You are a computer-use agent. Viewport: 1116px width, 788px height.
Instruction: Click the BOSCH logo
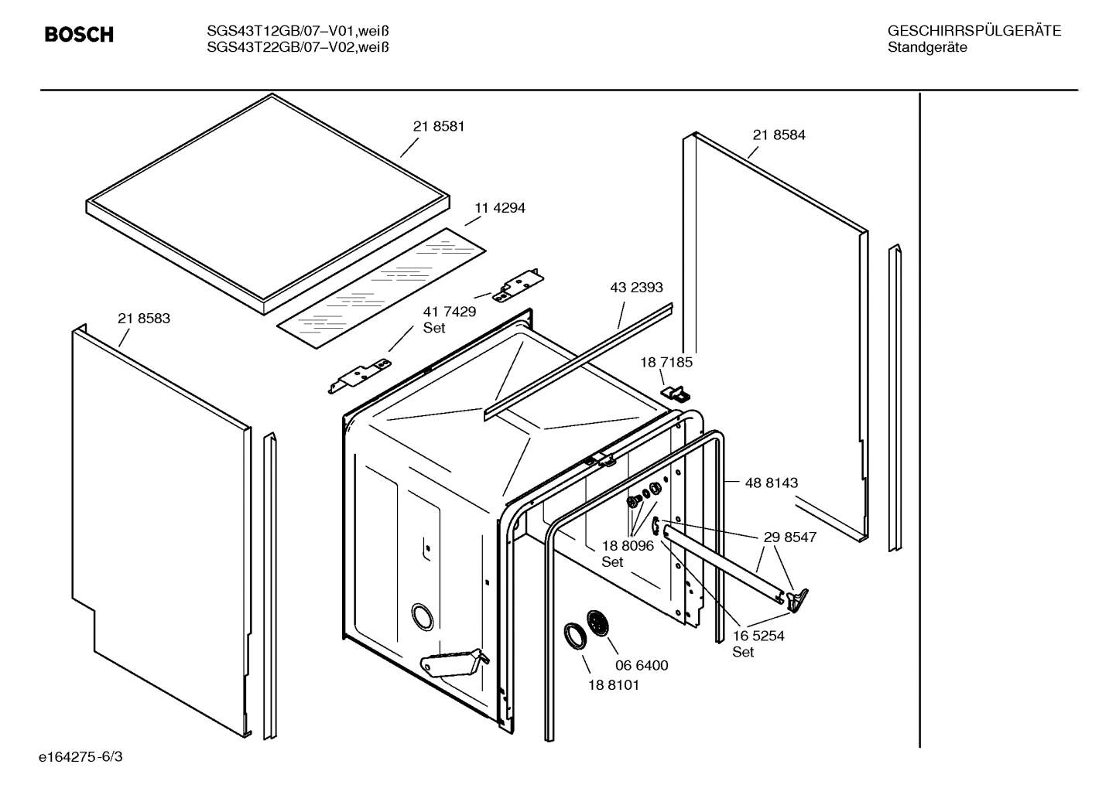[x=79, y=35]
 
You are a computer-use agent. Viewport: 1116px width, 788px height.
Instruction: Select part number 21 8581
[x=438, y=126]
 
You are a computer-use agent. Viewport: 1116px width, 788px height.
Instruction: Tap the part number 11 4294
[x=499, y=208]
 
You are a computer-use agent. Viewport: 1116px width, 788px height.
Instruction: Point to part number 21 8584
[x=779, y=135]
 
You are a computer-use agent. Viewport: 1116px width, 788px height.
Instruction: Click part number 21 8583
[x=144, y=318]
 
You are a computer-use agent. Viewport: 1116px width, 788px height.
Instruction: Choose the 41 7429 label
[x=449, y=312]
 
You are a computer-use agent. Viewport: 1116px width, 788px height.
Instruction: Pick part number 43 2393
[x=636, y=288]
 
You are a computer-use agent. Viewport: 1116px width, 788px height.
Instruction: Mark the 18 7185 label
[x=666, y=362]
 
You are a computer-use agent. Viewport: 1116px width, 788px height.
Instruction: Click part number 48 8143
[x=771, y=483]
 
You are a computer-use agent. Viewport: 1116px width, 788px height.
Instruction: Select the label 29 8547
[x=789, y=537]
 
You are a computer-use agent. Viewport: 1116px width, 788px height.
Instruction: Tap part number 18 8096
[x=628, y=546]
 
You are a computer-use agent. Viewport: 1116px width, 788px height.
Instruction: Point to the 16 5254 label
[x=758, y=636]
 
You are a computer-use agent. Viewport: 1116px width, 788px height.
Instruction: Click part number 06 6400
[x=642, y=665]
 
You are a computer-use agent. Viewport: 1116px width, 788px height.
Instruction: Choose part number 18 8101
[x=613, y=684]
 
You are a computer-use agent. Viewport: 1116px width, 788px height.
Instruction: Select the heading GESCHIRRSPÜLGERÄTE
[x=974, y=32]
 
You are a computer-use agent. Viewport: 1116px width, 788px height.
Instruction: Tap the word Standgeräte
[x=926, y=48]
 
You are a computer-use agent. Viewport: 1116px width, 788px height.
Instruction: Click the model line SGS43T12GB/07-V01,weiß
[x=297, y=32]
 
